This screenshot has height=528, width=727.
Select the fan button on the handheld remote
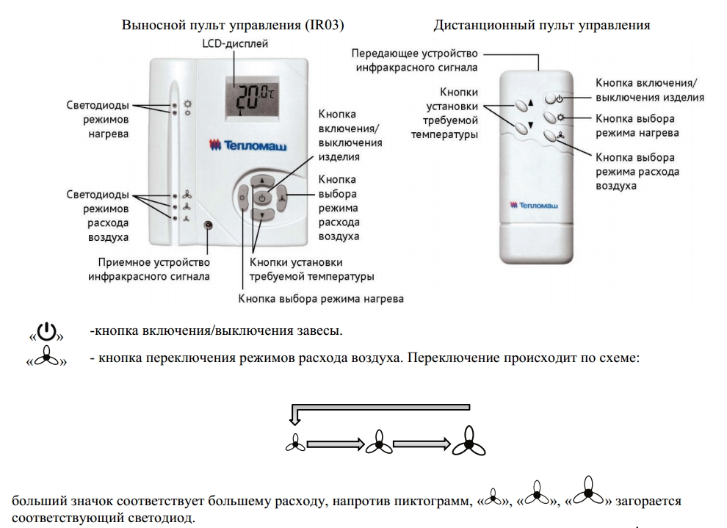point(553,135)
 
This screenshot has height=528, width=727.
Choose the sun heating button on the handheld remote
point(553,117)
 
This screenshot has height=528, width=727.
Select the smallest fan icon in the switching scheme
point(295,443)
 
